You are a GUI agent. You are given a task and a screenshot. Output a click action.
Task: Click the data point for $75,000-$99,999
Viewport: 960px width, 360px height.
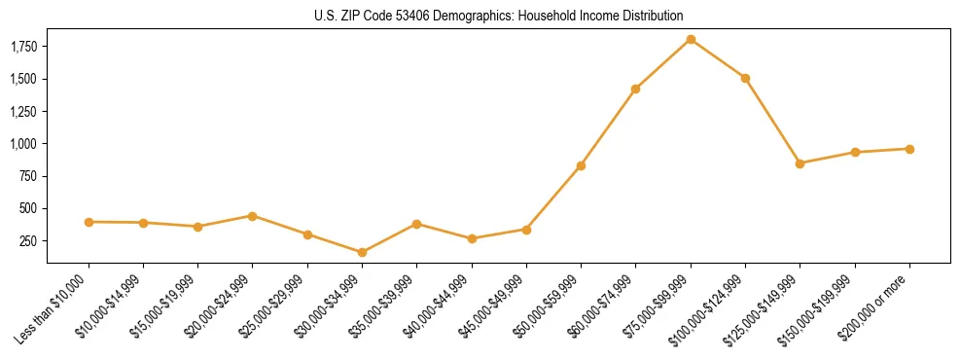[691, 39]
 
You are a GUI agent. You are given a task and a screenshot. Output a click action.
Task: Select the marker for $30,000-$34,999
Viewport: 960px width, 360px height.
[362, 252]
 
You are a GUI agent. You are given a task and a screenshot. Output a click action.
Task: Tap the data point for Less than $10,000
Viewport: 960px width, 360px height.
[89, 222]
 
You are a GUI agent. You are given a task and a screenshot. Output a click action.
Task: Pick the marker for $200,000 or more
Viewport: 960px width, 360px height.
[909, 149]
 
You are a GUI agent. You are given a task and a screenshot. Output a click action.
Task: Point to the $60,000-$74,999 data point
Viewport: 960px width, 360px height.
[635, 89]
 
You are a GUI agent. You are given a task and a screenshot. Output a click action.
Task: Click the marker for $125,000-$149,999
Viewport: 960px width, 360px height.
[800, 163]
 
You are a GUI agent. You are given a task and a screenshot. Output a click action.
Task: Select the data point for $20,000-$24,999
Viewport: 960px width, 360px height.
[253, 216]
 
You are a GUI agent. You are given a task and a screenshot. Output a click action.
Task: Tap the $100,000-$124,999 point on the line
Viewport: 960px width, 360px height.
[745, 78]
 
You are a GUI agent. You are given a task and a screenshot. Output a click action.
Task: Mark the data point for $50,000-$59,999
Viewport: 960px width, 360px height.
[581, 165]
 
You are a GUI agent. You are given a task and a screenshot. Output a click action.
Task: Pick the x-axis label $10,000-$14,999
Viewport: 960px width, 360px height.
[111, 305]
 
